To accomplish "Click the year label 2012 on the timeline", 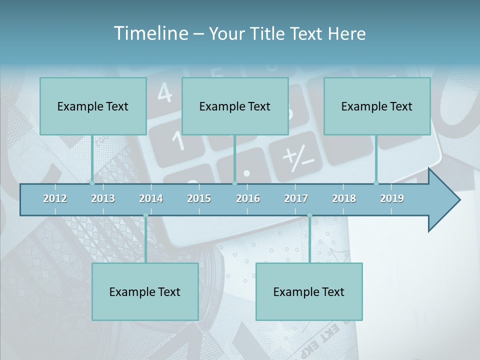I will point(55,198).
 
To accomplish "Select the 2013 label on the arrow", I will point(103,198).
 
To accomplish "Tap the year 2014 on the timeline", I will point(151,198).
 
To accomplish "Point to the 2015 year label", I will point(199,198).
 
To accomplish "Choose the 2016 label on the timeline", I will point(248,198).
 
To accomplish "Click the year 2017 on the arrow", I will point(296,198).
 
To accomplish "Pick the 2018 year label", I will point(344,198).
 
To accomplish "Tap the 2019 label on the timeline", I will point(392,198).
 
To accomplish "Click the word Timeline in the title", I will point(150,33).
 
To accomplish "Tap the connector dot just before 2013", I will point(92,183).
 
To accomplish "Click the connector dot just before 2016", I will point(234,183).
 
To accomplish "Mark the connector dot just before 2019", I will point(376,183).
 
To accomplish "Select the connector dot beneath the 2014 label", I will point(145,215).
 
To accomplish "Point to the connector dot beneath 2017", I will point(309,215).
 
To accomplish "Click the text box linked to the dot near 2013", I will point(93,106).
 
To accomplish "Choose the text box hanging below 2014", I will point(145,291).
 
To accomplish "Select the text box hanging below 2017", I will point(309,291).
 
